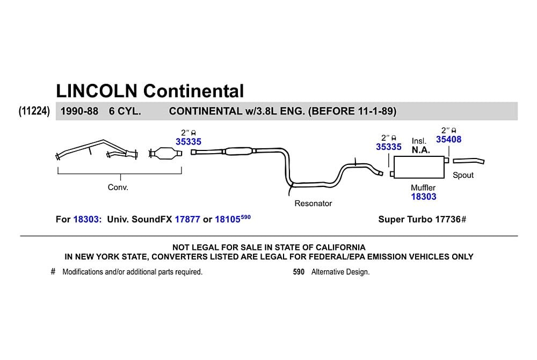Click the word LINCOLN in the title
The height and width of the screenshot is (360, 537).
(97, 91)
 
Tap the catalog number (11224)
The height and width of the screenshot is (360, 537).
(34, 111)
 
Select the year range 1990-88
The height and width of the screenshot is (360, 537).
(79, 111)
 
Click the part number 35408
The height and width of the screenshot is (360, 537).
(448, 139)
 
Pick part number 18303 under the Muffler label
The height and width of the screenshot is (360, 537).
(424, 197)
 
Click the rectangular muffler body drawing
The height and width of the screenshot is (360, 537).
(419, 167)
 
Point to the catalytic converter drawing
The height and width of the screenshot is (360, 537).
(165, 153)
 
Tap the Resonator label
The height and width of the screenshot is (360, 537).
(313, 204)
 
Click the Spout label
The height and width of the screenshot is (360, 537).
(463, 175)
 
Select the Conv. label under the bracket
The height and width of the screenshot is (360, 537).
(118, 188)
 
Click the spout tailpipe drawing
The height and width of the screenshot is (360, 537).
(468, 161)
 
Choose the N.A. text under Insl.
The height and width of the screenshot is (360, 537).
(420, 150)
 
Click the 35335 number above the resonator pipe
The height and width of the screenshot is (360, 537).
(188, 142)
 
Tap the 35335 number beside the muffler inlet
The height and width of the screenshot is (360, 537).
(388, 147)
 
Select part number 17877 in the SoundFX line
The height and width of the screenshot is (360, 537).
(187, 219)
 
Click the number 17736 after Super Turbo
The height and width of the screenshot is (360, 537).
(448, 219)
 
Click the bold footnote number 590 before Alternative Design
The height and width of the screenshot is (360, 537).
(299, 272)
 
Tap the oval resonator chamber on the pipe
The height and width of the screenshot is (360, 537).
(239, 151)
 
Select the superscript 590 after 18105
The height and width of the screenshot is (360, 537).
(245, 217)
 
